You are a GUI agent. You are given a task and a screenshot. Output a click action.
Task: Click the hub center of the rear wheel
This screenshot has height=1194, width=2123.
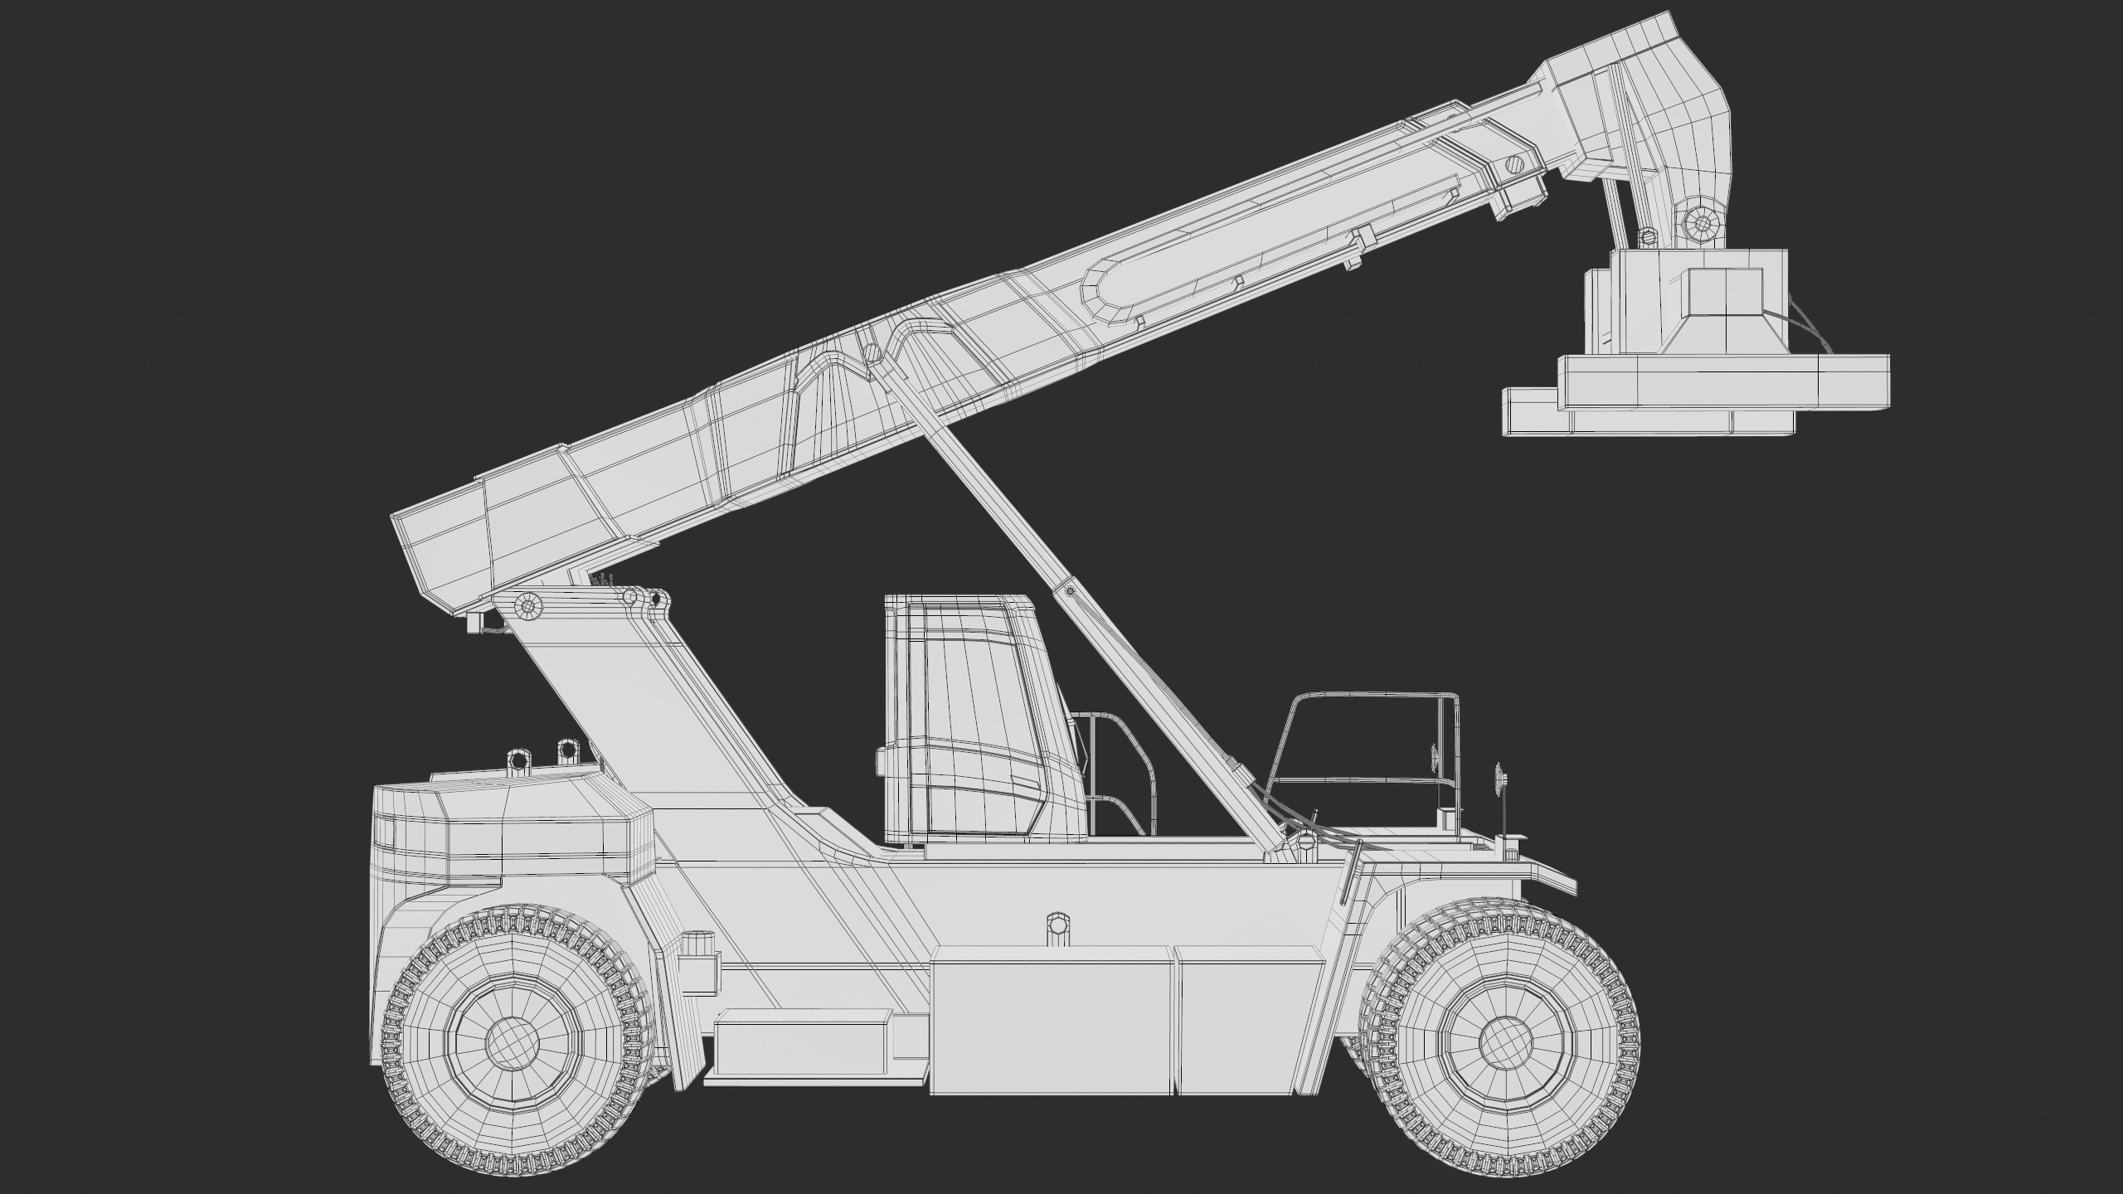[512, 1042]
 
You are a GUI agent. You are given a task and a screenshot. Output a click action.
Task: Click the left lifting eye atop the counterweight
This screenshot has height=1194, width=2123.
[517, 758]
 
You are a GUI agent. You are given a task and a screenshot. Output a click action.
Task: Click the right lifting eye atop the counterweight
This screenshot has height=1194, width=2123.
[567, 750]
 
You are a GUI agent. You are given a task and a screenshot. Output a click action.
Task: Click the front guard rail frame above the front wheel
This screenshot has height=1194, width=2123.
[1368, 730]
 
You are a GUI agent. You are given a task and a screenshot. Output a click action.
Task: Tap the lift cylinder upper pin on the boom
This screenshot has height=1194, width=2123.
[869, 352]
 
